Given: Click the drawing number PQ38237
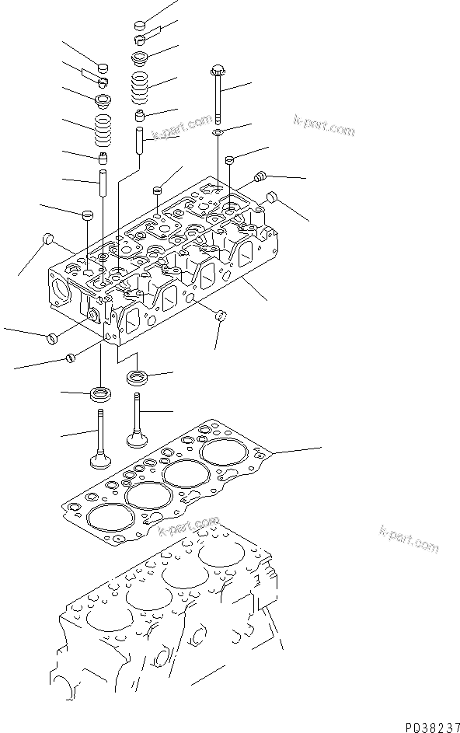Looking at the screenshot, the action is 433,727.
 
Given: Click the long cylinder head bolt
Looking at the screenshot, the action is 218,93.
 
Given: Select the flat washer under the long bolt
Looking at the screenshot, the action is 218,132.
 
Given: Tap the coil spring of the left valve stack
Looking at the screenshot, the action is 104,131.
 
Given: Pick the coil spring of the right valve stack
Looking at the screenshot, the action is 139,89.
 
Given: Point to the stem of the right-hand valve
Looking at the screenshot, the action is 136,414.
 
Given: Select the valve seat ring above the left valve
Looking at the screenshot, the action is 100,393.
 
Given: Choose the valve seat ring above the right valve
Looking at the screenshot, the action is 138,377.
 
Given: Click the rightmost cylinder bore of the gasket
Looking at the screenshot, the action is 224,452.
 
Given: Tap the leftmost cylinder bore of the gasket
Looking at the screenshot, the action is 110,518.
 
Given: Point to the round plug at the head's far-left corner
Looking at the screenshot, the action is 47,239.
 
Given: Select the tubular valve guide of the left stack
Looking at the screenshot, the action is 103,183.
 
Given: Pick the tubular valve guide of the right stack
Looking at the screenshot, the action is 140,139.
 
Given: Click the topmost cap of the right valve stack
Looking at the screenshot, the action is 141,25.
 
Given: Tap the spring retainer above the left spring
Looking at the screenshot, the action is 102,101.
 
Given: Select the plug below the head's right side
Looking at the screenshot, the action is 221,316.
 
